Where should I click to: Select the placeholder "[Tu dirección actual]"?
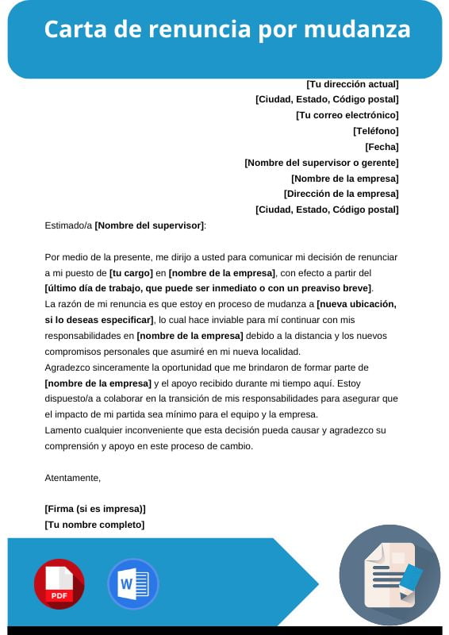(352, 83)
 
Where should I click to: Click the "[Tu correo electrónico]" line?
(347, 115)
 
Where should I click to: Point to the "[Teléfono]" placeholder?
(376, 131)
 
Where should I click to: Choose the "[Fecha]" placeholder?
(382, 147)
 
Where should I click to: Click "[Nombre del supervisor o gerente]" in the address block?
(321, 163)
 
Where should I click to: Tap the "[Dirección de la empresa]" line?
(341, 194)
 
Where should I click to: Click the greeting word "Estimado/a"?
(68, 225)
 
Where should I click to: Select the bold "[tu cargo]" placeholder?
(132, 272)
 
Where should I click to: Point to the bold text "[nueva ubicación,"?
(356, 304)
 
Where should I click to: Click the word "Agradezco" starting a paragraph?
(70, 368)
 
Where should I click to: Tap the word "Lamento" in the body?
(63, 430)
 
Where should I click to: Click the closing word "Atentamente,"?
(73, 478)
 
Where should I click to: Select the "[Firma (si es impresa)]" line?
(95, 509)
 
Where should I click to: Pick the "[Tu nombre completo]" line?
(94, 525)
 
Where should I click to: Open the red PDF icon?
(59, 584)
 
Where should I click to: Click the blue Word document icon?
(132, 584)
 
